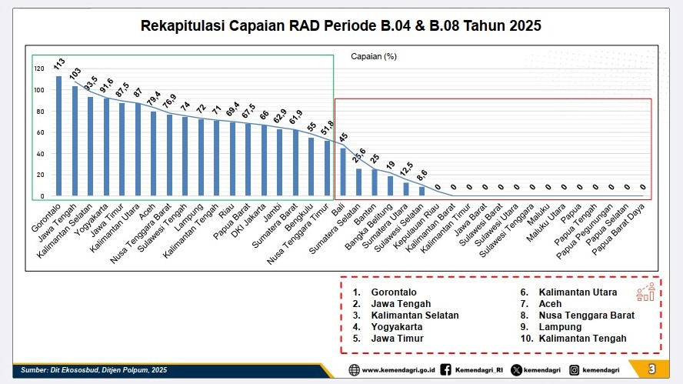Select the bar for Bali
tap(343, 172)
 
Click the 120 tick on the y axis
tap(39, 68)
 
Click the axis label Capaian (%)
tap(373, 57)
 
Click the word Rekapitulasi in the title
tap(181, 26)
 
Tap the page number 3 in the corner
tap(652, 370)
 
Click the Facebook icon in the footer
tap(447, 370)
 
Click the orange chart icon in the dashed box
tap(645, 292)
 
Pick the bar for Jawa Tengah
tap(75, 142)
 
